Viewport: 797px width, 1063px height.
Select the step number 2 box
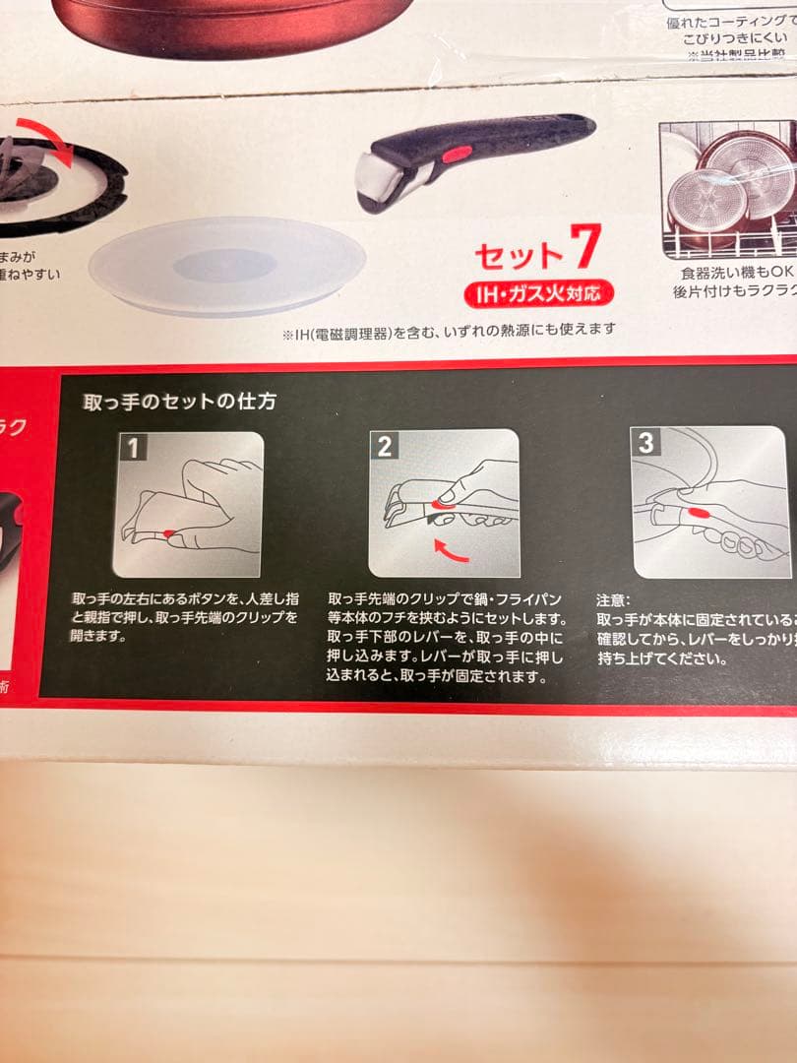(385, 446)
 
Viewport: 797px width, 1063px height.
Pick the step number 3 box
(646, 443)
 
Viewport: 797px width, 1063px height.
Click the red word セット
(520, 255)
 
